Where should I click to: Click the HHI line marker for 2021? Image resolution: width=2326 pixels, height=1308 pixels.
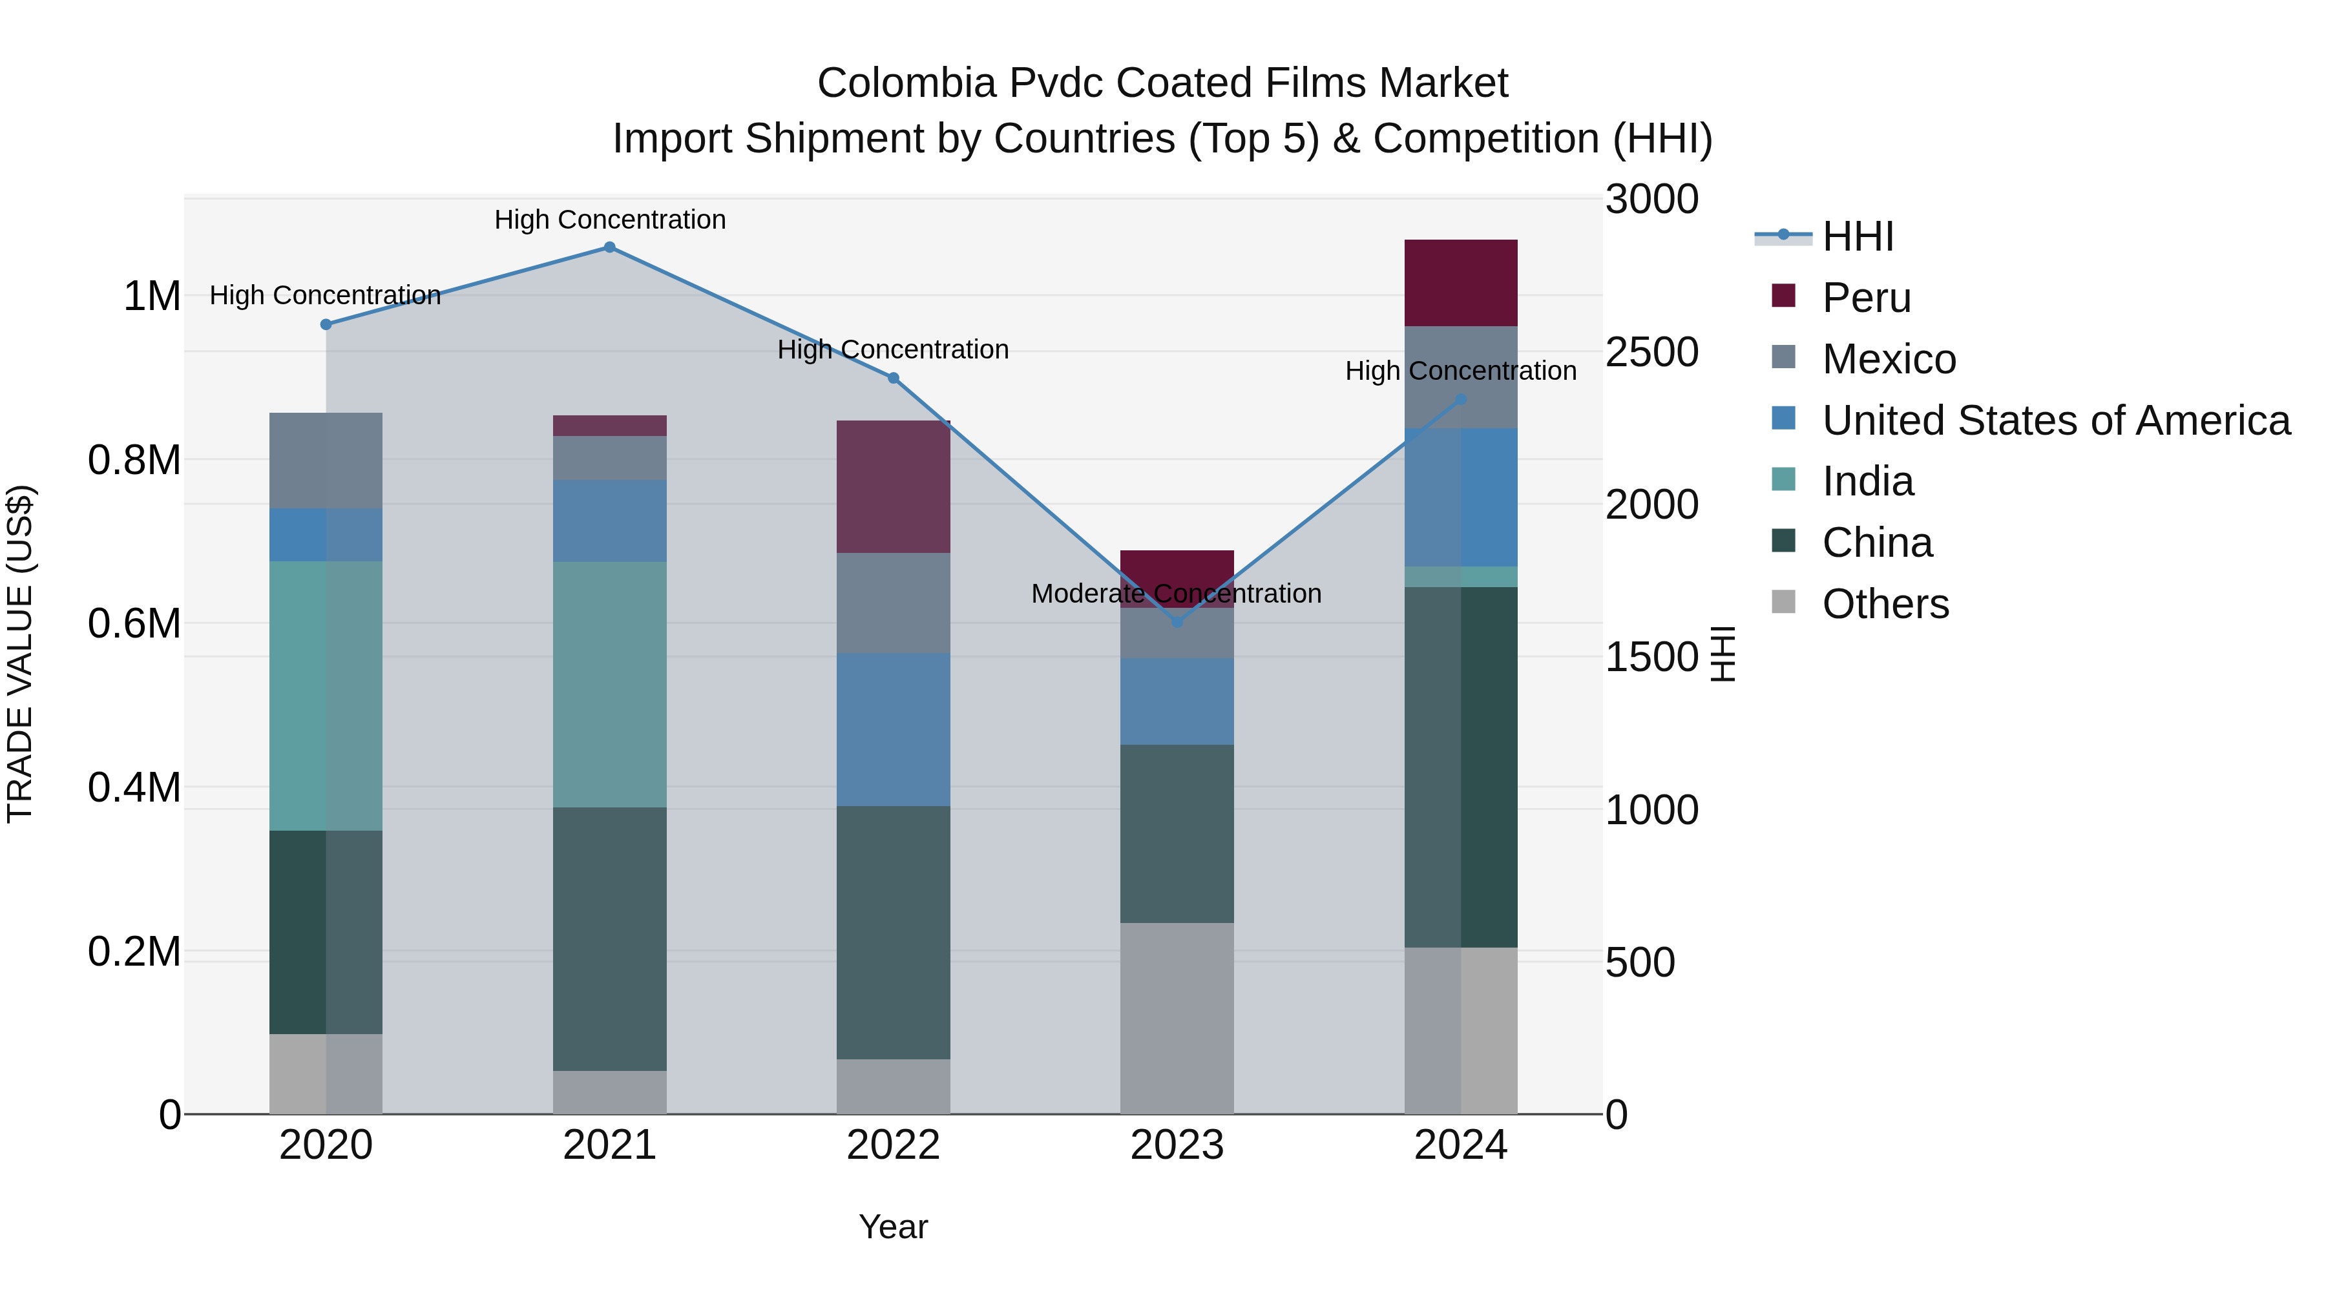click(x=609, y=247)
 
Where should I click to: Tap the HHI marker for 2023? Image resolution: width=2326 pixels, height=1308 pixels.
click(x=1177, y=622)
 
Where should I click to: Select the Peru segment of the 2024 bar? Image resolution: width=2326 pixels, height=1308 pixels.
click(x=1461, y=282)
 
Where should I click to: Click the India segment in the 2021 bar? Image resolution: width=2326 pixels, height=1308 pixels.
click(x=609, y=684)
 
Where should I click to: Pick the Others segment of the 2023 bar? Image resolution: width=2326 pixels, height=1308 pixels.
click(x=1177, y=1018)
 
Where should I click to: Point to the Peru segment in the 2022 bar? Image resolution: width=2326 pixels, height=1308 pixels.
click(x=893, y=486)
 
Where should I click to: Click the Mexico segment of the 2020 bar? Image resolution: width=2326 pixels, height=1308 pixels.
click(x=326, y=461)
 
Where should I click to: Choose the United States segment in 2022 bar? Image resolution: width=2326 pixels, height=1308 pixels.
click(x=893, y=729)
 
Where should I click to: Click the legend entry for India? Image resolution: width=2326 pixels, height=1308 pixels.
click(x=1867, y=481)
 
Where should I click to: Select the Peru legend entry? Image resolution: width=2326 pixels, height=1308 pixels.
click(x=1865, y=298)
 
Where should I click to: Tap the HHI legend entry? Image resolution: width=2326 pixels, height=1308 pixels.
click(x=1858, y=236)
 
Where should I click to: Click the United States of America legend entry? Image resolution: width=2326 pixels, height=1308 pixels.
click(x=2055, y=420)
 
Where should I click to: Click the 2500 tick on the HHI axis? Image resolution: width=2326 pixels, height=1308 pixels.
click(x=1651, y=352)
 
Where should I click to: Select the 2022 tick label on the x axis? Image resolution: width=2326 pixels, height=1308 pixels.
click(x=893, y=1145)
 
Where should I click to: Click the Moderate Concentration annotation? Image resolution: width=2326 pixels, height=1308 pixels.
click(x=1176, y=594)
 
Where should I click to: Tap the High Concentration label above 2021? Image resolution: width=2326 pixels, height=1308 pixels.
click(x=609, y=220)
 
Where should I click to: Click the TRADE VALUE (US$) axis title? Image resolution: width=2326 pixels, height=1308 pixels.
click(x=20, y=654)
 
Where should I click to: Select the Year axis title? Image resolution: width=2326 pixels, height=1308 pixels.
click(x=893, y=1227)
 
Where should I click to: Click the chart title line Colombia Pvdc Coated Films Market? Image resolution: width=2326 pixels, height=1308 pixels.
click(x=1162, y=83)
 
